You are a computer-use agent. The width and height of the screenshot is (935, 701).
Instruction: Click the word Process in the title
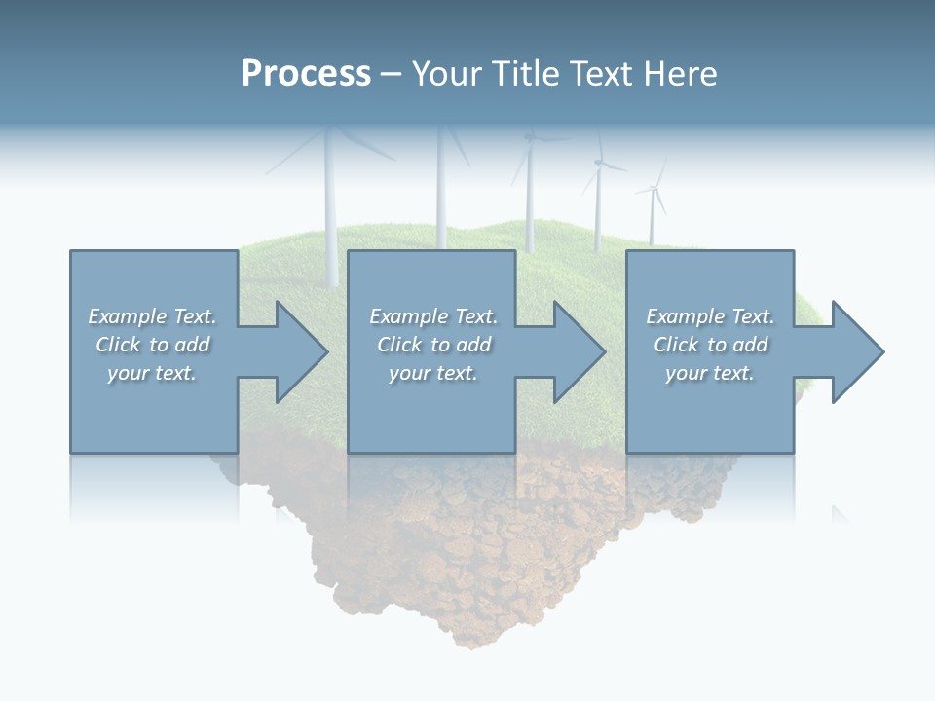306,74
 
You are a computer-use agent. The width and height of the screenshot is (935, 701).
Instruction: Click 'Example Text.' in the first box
152,316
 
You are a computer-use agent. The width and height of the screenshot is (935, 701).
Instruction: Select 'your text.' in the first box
152,373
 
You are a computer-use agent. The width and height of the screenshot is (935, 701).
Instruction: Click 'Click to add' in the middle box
433,345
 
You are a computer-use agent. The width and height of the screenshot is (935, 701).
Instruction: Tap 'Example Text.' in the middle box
433,316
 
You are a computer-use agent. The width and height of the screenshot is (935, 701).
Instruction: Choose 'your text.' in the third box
710,373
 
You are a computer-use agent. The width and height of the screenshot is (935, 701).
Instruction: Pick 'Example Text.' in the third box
710,316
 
